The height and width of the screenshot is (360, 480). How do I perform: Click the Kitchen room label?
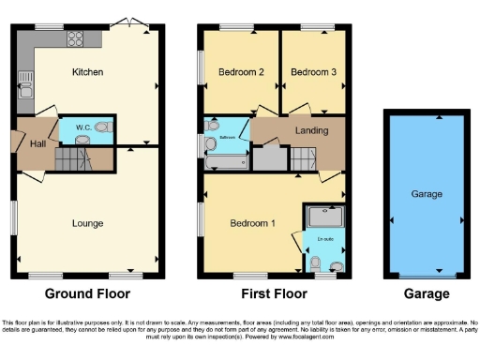pyautogui.click(x=87, y=72)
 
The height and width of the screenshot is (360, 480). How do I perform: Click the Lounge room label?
pyautogui.click(x=87, y=223)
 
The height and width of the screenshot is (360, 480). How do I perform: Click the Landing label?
pyautogui.click(x=310, y=130)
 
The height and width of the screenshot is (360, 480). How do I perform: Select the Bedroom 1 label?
pyautogui.click(x=252, y=223)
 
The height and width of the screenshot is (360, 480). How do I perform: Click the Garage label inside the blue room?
pyautogui.click(x=427, y=195)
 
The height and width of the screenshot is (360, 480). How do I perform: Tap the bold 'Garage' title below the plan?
pyautogui.click(x=426, y=293)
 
